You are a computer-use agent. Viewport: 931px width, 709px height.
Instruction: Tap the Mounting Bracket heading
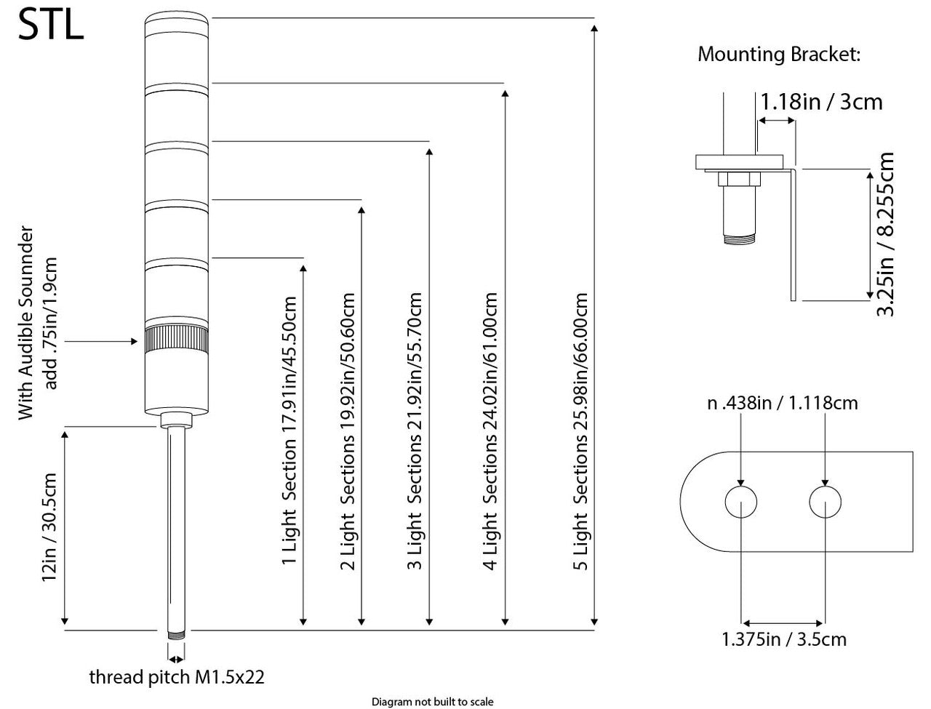(x=779, y=55)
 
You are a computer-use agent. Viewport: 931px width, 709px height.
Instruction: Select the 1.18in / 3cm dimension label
(x=821, y=101)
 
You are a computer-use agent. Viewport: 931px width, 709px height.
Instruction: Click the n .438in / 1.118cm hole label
(x=783, y=403)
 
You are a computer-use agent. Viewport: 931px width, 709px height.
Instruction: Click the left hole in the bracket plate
(x=741, y=502)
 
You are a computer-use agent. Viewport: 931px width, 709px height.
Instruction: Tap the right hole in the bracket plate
(x=825, y=502)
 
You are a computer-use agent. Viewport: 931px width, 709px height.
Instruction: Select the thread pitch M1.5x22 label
(x=176, y=678)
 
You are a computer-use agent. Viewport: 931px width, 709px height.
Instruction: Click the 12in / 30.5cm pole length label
(x=49, y=527)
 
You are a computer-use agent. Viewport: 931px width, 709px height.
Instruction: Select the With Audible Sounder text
(x=26, y=325)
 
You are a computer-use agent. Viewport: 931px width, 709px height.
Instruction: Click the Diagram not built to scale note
(x=432, y=702)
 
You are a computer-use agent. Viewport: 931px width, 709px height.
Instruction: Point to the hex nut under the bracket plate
(x=739, y=178)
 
